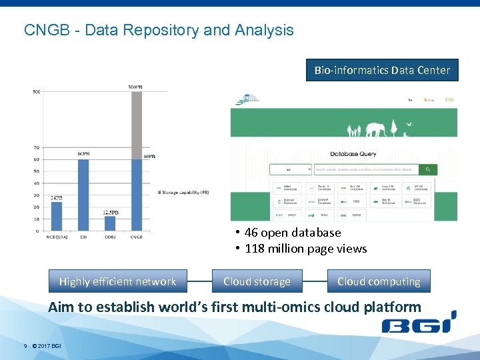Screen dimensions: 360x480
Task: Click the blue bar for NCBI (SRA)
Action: point(57,217)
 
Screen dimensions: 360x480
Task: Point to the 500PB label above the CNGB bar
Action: point(136,87)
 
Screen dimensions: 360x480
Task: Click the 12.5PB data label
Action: point(111,212)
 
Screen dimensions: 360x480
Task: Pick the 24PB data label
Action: point(57,198)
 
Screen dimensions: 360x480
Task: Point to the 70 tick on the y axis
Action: point(36,147)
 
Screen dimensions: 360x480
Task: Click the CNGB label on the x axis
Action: point(136,237)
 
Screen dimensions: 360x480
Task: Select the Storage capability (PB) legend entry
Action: point(183,193)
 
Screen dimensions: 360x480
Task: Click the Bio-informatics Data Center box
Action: point(382,69)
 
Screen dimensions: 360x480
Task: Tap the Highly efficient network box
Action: point(117,281)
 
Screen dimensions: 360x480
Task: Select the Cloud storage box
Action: point(257,281)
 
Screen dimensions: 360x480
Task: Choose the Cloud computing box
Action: point(379,281)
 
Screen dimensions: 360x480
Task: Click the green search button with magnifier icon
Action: point(428,170)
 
